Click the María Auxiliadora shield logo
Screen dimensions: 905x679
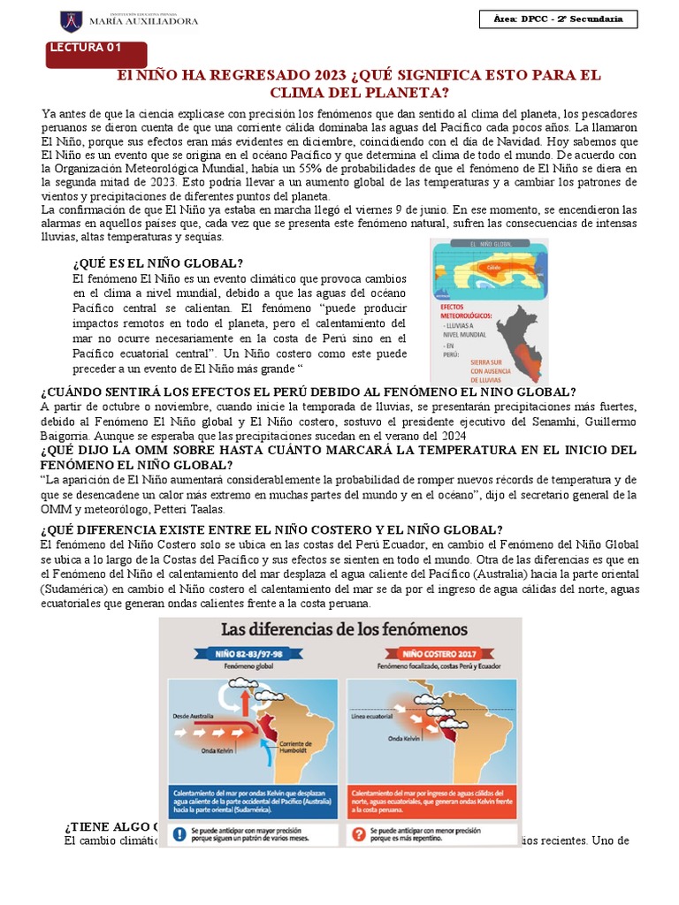pyautogui.click(x=71, y=19)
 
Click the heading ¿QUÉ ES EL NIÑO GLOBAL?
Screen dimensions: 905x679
pyautogui.click(x=157, y=263)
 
